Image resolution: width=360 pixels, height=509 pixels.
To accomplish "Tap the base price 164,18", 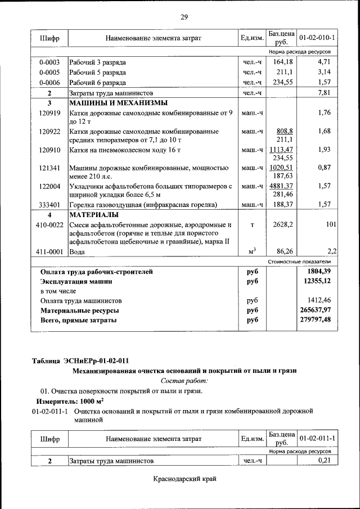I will [x=281, y=62].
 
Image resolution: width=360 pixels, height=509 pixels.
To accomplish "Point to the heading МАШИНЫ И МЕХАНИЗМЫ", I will [x=118, y=103].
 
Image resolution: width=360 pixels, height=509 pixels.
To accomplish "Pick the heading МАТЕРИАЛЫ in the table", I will [x=93, y=215].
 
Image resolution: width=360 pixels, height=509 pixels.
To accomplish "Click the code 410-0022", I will [x=49, y=225].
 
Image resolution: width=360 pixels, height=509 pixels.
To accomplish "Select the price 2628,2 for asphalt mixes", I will [x=281, y=225].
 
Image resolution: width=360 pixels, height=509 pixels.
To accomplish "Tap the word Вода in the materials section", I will [x=77, y=252].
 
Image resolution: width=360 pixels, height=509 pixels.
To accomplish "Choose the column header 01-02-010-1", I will [x=317, y=38].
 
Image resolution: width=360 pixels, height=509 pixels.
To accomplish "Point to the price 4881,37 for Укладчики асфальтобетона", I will [x=281, y=186].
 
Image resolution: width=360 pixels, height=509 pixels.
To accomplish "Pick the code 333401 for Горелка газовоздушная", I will [x=49, y=205].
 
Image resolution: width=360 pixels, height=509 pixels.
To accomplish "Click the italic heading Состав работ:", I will [x=184, y=381].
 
